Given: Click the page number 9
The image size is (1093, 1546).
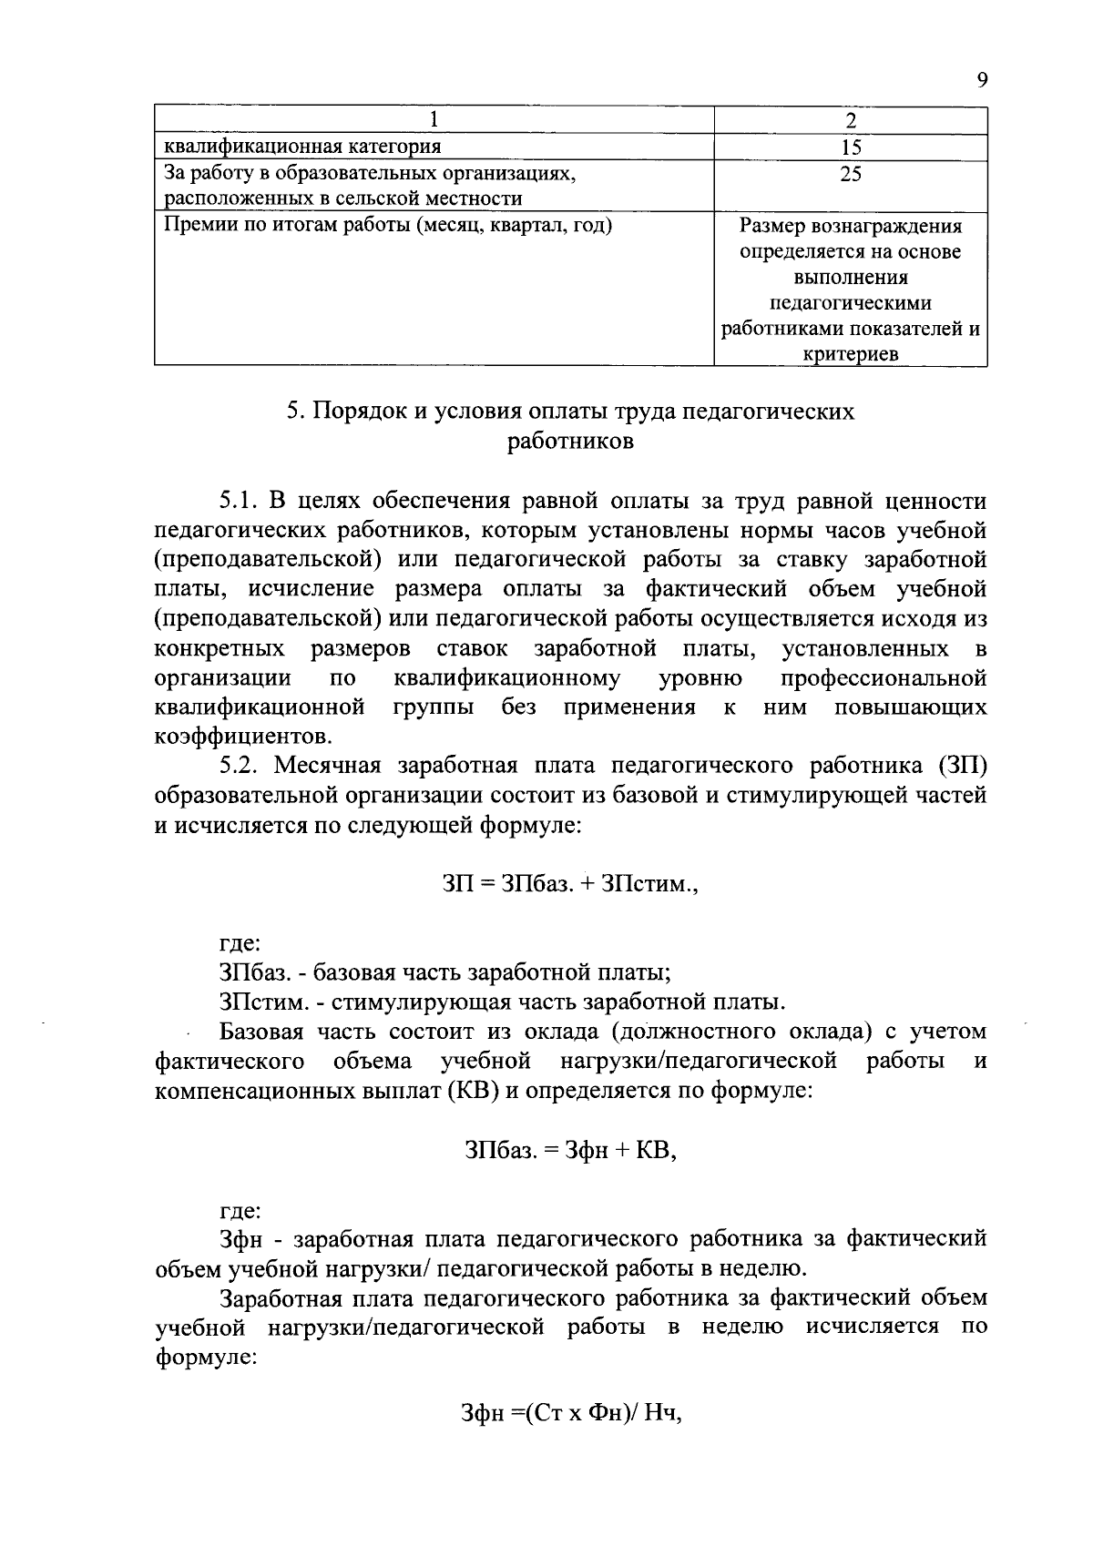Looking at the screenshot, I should pos(981,81).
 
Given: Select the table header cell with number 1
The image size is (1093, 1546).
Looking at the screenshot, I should pos(434,119).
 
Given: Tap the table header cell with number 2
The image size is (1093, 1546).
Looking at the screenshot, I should pos(851,120).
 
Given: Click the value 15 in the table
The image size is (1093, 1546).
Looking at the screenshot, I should pos(851,147).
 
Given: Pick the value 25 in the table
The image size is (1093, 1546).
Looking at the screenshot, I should pos(851,174).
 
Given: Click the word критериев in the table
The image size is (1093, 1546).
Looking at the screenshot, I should pos(850,355).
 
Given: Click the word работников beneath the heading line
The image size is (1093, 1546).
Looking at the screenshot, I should pos(570,442).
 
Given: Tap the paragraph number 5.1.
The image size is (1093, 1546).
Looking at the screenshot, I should pos(240,501).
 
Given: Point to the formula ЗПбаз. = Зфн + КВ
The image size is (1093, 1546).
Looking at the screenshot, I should pos(571,1151).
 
